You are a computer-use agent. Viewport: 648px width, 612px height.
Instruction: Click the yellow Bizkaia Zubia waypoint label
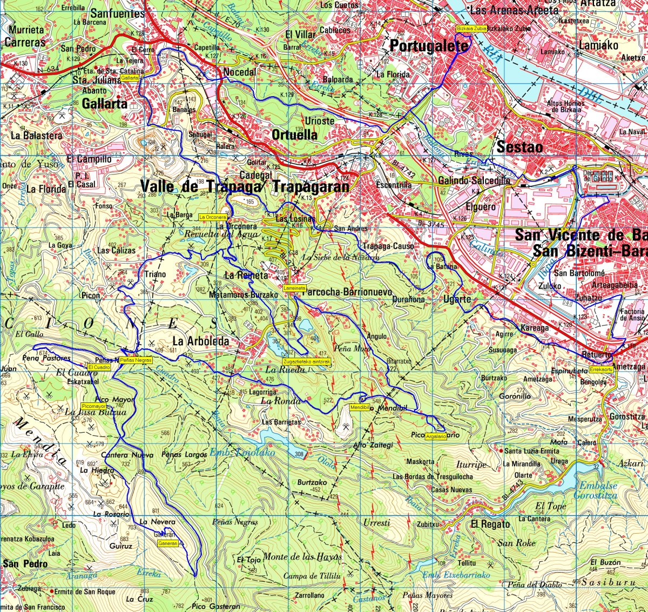[471, 29]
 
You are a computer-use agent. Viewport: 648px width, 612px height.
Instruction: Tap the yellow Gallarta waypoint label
[130, 78]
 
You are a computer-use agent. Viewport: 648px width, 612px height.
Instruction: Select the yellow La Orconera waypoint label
[212, 217]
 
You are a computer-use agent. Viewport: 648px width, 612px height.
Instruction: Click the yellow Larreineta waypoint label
[294, 288]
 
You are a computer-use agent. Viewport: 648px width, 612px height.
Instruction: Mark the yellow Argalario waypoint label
[436, 436]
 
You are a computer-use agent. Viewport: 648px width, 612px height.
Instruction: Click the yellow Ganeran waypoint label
[167, 543]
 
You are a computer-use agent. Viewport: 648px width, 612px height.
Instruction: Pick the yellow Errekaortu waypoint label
[601, 370]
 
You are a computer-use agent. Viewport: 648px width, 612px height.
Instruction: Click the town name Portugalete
[429, 46]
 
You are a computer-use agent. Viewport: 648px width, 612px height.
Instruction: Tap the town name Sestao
[519, 146]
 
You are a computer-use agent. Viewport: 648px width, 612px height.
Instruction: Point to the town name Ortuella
[294, 134]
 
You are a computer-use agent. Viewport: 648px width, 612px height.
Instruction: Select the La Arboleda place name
[200, 341]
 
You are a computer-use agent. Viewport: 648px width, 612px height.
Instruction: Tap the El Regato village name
[490, 524]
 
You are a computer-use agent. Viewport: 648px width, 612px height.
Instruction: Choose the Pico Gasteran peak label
[216, 607]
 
